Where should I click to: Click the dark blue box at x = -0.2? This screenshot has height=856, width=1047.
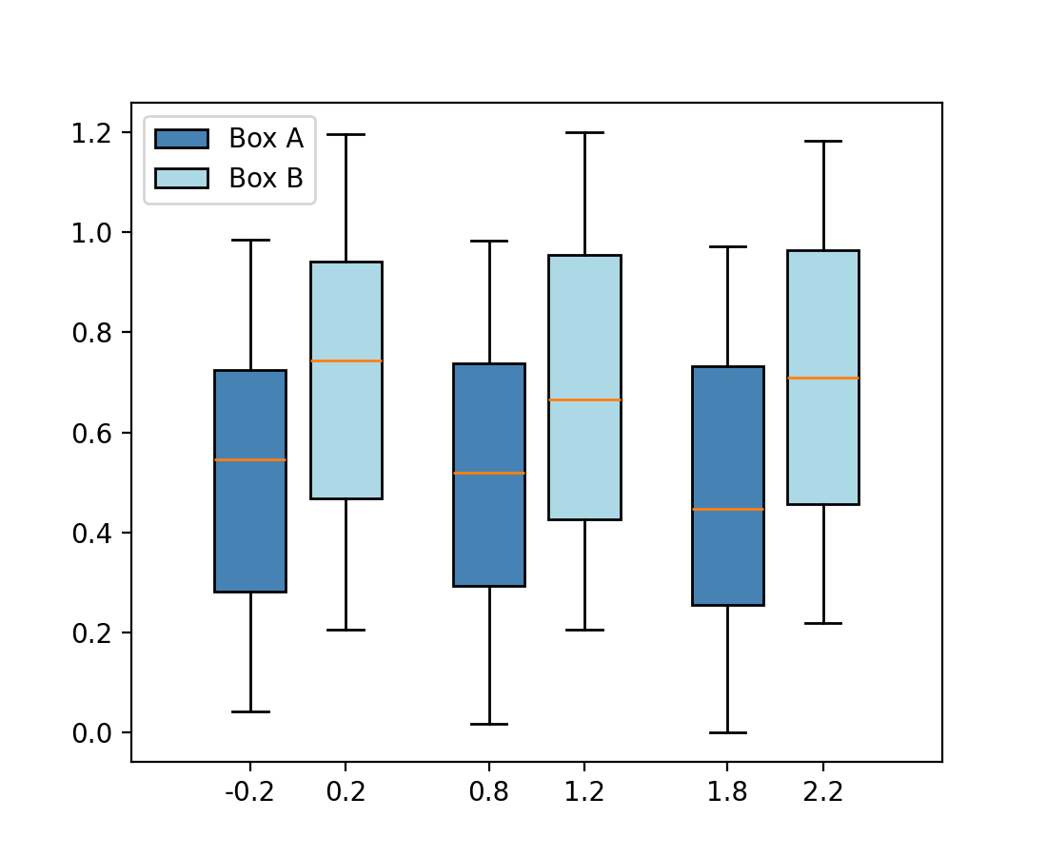250,533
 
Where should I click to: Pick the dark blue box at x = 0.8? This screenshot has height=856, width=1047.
489,533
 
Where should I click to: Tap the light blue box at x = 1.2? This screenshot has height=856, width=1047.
584,457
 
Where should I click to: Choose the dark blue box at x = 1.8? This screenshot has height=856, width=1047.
728,561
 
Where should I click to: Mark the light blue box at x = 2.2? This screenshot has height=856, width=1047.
823,438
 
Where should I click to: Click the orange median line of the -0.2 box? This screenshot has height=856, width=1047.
250,460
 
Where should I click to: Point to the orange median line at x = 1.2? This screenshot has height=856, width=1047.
584,399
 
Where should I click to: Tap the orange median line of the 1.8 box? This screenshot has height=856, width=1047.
728,510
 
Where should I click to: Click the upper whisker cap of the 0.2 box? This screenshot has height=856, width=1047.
346,135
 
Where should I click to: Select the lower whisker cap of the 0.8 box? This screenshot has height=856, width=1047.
489,725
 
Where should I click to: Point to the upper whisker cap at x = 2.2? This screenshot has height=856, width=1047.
823,142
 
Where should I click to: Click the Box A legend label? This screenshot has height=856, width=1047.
266,139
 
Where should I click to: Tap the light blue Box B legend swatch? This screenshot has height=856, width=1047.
182,178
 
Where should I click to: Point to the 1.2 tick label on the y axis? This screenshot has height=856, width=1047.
91,132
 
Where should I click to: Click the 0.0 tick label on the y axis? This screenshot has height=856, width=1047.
91,733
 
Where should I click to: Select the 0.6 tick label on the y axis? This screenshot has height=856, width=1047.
91,433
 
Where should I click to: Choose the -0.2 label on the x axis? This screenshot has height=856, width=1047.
250,792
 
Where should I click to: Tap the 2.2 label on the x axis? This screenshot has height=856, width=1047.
823,792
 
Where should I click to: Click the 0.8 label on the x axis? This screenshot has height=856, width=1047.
489,792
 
